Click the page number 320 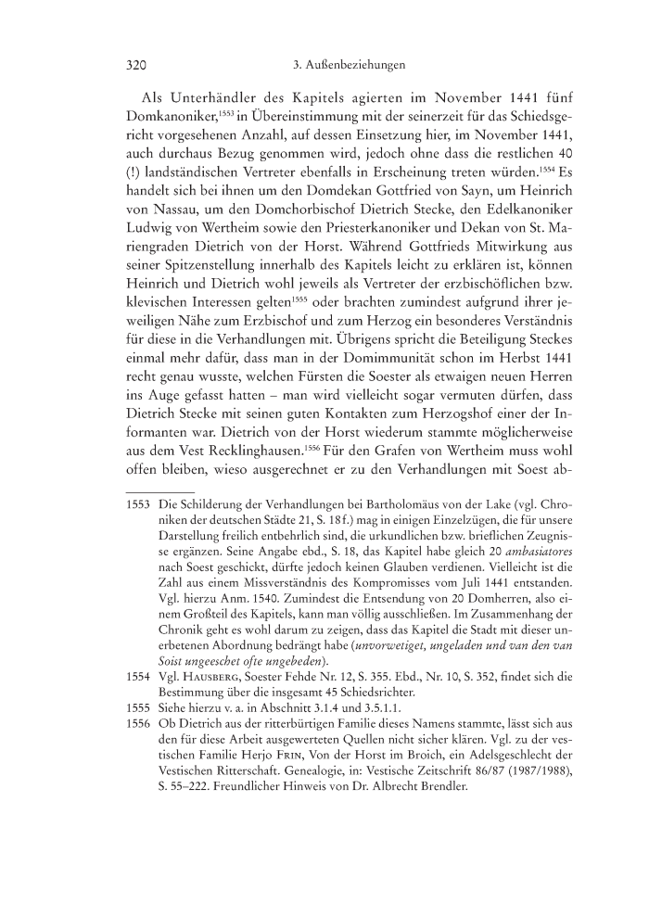coord(137,66)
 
